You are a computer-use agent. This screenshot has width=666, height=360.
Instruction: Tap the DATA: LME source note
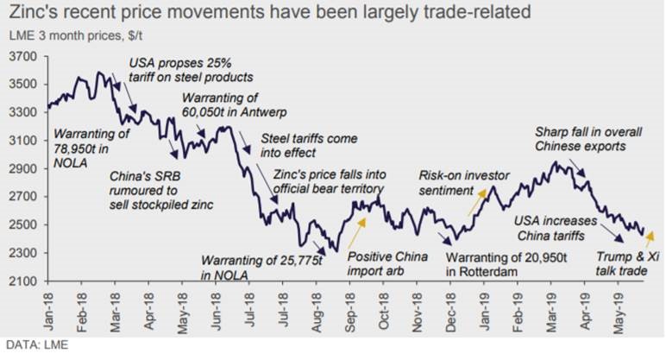(34, 348)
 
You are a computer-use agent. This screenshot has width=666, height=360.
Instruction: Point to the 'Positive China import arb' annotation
(386, 263)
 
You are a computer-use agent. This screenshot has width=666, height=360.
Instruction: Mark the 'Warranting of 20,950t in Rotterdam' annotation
(502, 263)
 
